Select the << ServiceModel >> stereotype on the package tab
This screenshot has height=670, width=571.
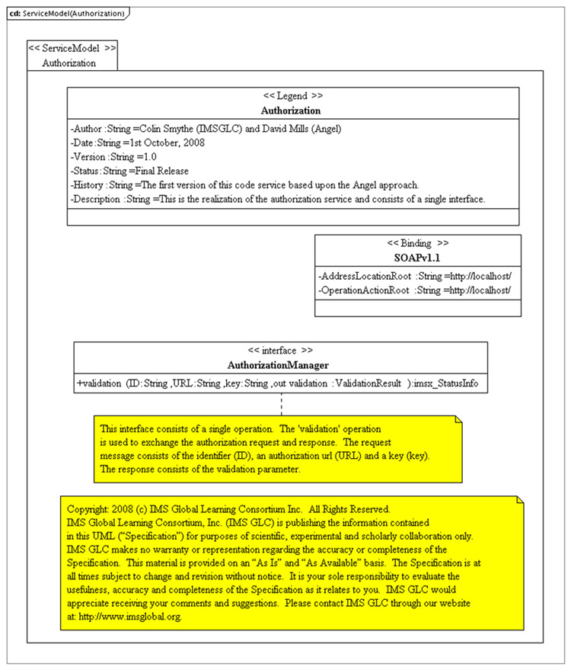tap(72, 47)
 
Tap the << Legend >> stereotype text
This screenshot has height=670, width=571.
tap(292, 97)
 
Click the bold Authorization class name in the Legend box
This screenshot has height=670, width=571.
tap(292, 111)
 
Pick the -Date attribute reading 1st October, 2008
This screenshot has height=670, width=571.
tap(138, 142)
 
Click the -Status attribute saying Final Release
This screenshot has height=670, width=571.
tap(129, 171)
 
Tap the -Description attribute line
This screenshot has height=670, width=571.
tap(278, 200)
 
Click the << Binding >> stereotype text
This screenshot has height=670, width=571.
tap(417, 244)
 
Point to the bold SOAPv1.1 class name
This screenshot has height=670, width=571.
tap(417, 258)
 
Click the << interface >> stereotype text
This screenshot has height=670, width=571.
tap(280, 351)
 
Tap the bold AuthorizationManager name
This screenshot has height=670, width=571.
tap(280, 365)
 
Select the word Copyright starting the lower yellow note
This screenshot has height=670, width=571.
tap(88, 508)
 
